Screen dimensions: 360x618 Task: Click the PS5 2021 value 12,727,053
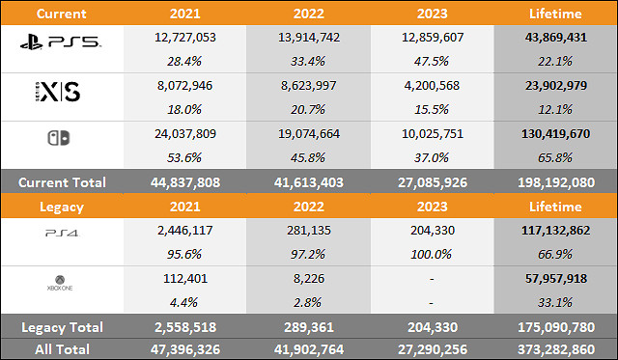point(183,36)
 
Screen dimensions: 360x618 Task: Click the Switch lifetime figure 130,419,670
point(555,134)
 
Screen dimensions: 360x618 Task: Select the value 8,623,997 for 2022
point(308,85)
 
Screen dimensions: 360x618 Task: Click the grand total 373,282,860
point(555,347)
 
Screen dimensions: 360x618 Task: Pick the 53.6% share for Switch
point(183,158)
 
